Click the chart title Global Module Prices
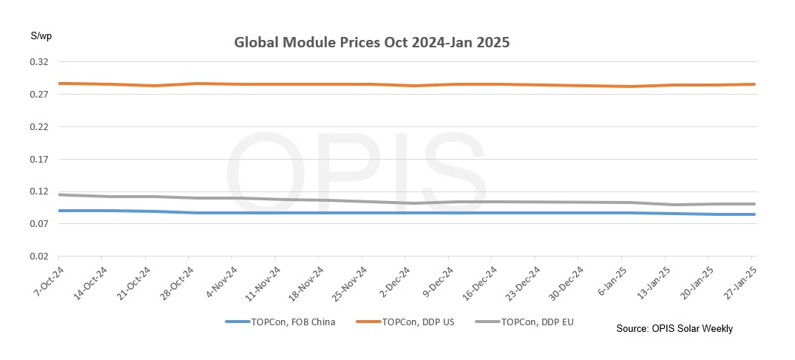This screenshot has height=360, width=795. (x=372, y=42)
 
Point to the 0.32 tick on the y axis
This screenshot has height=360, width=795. (x=39, y=62)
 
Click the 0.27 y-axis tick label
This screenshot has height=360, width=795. (x=39, y=95)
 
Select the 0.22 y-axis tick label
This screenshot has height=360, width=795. (x=39, y=127)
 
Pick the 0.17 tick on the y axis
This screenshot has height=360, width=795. (x=39, y=160)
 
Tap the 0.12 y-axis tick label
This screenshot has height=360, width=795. (x=39, y=191)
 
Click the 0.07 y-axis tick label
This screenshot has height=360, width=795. (x=39, y=224)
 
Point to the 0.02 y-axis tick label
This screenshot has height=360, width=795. (x=39, y=257)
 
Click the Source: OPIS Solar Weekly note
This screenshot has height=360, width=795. (x=674, y=328)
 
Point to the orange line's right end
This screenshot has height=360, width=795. (x=754, y=84)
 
